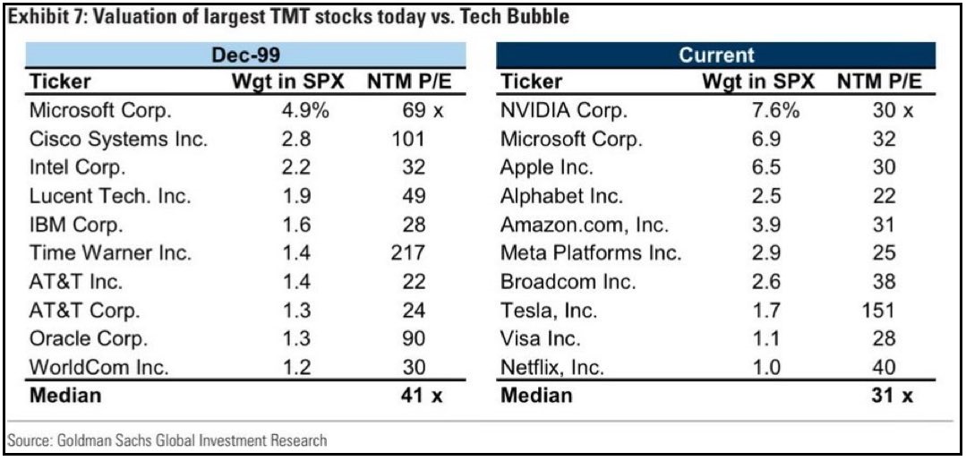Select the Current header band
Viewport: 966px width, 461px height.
[717, 55]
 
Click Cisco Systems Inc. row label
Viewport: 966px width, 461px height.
[119, 140]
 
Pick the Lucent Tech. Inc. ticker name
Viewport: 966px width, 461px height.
[112, 196]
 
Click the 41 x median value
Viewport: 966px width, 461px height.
[419, 395]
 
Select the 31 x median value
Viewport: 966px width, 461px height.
[891, 395]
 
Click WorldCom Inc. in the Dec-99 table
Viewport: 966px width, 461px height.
[98, 367]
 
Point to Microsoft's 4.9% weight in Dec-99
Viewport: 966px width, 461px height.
[300, 111]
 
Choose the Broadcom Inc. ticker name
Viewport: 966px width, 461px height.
[568, 282]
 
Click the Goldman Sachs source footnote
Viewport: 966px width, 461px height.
[167, 440]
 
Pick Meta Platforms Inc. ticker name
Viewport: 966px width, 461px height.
[591, 253]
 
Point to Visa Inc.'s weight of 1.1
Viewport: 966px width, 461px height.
[765, 339]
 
